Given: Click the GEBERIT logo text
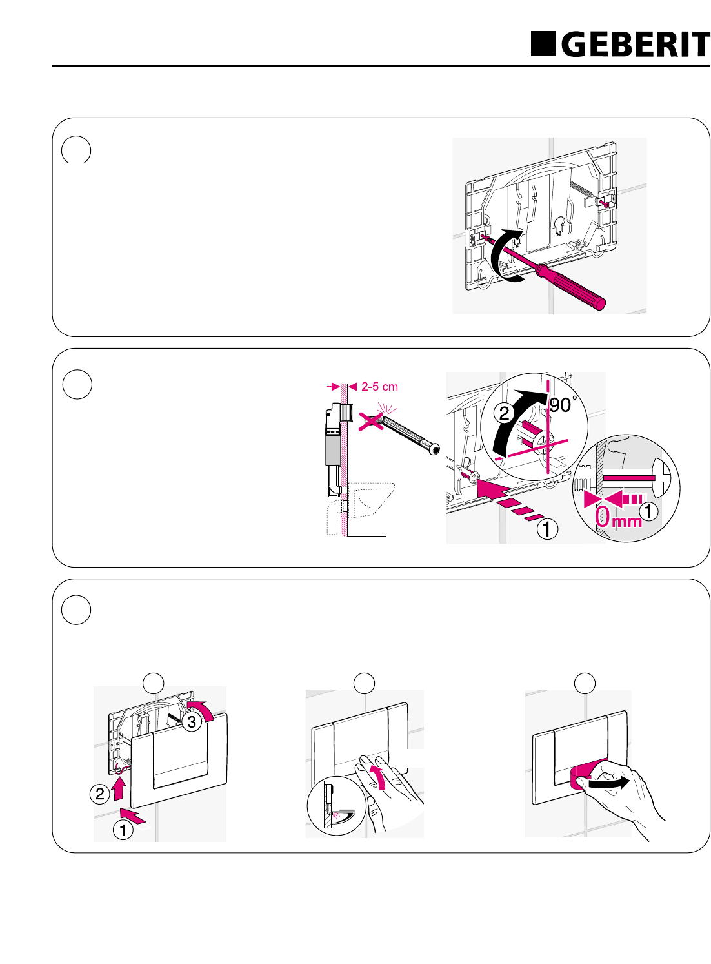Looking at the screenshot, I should (x=635, y=45).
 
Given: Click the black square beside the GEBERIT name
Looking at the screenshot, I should (x=543, y=44).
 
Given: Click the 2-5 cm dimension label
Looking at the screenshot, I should (x=379, y=387).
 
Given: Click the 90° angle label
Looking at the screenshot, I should (x=561, y=405).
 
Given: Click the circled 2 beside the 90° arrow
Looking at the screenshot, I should (x=505, y=413).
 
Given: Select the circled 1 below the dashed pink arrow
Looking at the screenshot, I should (x=547, y=529).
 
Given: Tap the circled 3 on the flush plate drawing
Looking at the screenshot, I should (x=192, y=721).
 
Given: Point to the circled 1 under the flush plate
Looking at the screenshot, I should (x=123, y=829).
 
